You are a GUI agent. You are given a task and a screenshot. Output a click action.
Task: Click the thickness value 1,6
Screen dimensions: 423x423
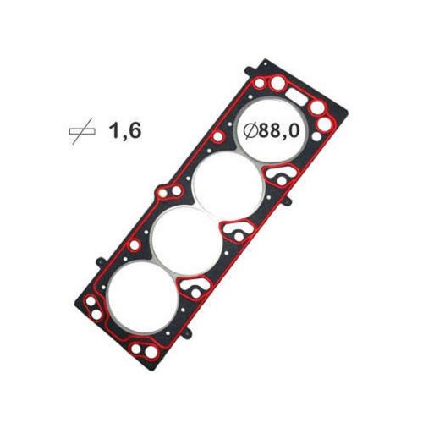(x=125, y=131)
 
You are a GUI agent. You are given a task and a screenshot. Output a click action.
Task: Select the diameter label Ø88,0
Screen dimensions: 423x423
(x=273, y=131)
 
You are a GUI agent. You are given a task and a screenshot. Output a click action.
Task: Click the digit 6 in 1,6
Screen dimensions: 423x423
(x=135, y=131)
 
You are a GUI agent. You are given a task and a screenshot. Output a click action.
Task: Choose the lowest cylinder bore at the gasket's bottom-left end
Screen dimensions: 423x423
(x=137, y=301)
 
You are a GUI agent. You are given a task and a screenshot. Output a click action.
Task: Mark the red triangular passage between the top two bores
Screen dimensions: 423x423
(x=277, y=177)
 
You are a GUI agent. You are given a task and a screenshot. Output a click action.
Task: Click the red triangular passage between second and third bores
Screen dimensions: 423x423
(x=238, y=233)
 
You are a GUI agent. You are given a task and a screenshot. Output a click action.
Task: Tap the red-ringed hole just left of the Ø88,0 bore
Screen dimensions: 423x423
(x=218, y=137)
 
